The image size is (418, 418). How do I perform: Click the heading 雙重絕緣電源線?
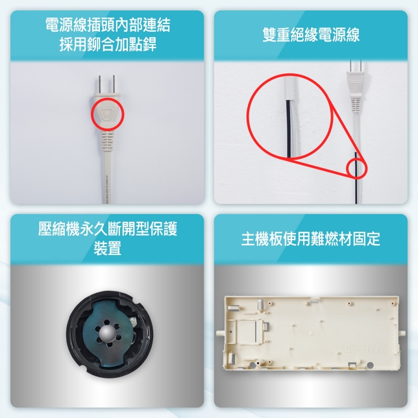311,34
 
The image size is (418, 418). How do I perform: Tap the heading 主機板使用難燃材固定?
311,239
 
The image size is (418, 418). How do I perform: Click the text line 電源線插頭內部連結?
108,25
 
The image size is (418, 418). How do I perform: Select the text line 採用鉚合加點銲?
108,44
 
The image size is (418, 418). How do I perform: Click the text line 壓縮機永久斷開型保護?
108,228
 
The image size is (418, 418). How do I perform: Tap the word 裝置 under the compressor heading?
108,248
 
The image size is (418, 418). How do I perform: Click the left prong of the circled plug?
99,85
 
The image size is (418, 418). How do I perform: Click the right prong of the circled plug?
114,85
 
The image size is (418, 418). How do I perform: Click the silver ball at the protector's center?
108,334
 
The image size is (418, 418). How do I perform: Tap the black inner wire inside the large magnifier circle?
289,129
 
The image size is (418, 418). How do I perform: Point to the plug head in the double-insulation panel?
356,86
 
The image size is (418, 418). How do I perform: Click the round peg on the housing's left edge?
219,333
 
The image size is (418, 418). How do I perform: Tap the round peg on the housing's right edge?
402,333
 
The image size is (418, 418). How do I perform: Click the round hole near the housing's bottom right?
370,365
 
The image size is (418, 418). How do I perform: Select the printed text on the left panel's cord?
104,190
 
